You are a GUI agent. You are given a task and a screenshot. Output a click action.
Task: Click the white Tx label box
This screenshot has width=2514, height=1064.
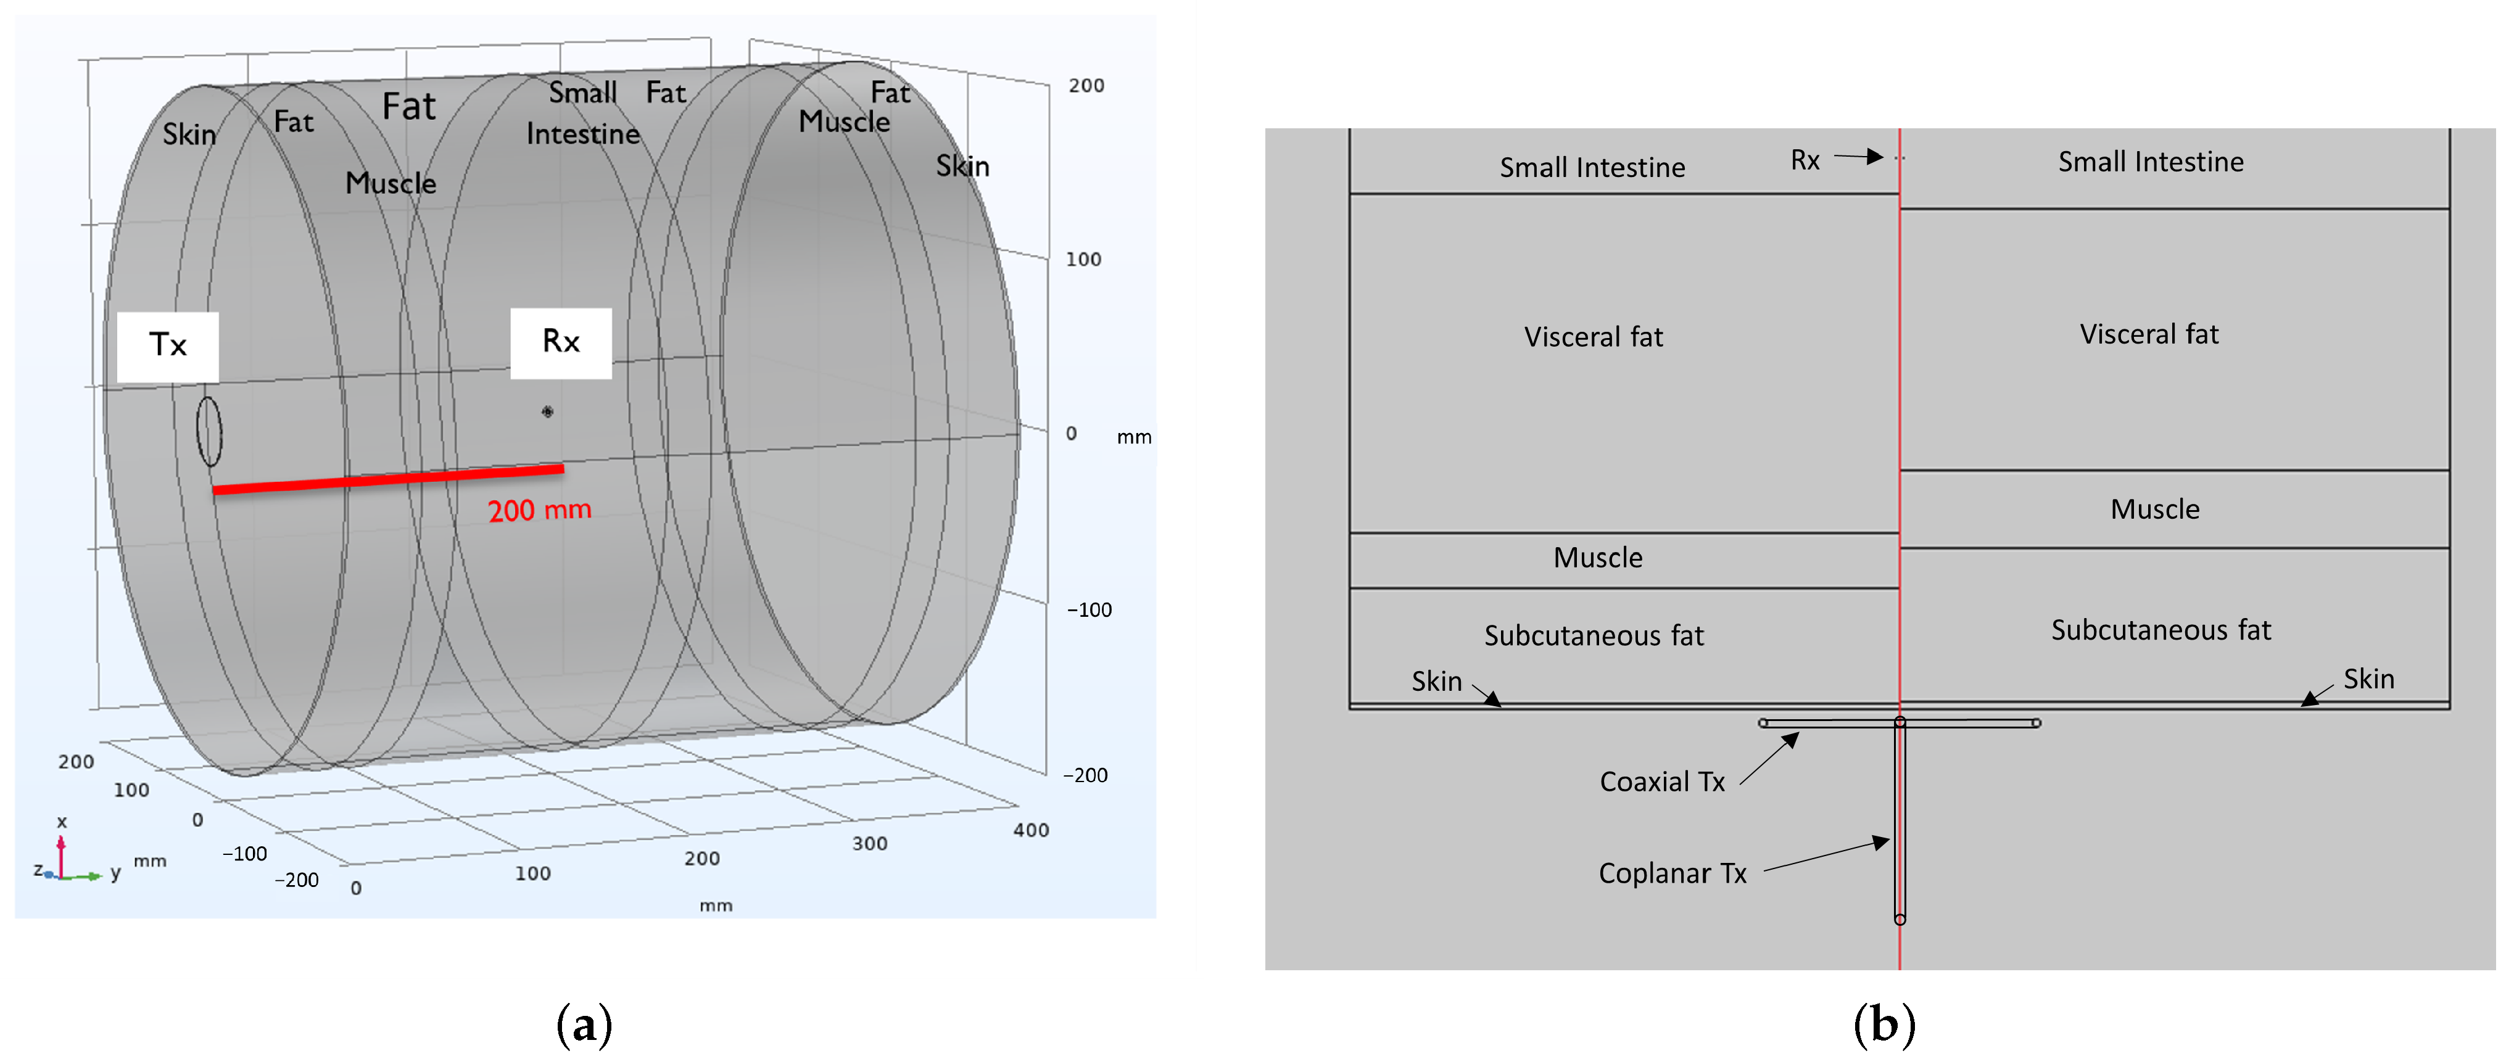point(168,347)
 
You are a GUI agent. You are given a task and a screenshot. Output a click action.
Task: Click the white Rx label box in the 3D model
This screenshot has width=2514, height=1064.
point(561,342)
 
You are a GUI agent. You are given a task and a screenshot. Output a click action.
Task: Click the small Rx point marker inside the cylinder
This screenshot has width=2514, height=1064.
point(547,412)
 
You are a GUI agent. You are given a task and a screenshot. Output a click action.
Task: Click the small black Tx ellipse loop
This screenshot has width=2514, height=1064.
point(209,431)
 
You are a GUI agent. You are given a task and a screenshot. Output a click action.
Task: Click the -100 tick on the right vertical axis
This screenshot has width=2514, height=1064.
point(1089,610)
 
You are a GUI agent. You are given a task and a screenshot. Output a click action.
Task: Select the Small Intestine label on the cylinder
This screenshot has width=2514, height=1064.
point(582,113)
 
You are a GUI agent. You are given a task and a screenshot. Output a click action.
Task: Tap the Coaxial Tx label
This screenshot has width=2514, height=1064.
point(1662,782)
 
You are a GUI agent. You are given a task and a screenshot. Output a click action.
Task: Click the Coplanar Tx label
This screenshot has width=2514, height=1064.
point(1672,873)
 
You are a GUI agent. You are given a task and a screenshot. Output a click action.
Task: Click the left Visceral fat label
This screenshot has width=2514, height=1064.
point(1593,338)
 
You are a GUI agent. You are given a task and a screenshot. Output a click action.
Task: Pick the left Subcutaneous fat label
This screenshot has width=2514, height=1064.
point(1593,637)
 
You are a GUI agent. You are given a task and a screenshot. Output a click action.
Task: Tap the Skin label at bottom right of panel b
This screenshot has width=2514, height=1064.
point(2368,679)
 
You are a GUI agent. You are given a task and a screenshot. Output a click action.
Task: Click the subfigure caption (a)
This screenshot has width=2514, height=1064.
point(584,1025)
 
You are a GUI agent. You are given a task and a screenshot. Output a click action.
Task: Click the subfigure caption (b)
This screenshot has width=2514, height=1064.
point(1883,1025)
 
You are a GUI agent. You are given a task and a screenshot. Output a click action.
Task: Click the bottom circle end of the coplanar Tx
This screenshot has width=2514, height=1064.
point(1899,918)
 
